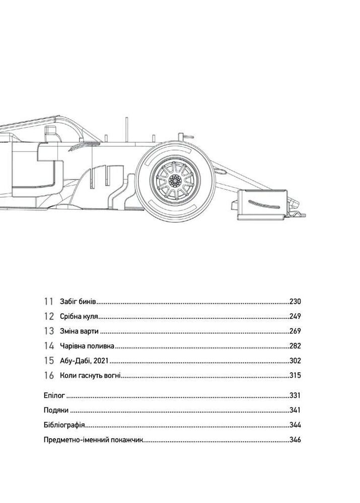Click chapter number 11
[48, 301]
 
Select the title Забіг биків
[79, 301]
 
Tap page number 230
[295, 301]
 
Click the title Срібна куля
[79, 316]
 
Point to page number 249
[295, 316]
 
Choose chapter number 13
[49, 331]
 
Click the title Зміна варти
[80, 331]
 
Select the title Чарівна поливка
[87, 346]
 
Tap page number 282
[295, 346]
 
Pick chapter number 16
[49, 375]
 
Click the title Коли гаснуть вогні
[90, 375]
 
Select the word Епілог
[54, 395]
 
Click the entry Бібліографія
[64, 425]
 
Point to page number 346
[295, 440]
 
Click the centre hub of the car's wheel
[175, 181]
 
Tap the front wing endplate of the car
[262, 204]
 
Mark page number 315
[295, 375]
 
